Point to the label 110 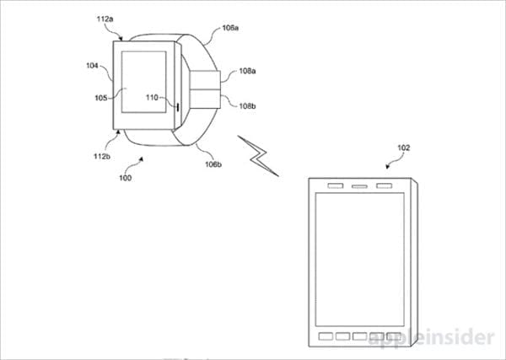(153, 96)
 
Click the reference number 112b (103, 157)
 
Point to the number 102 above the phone (403, 147)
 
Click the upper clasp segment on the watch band (205, 82)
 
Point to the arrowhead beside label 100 (141, 159)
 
